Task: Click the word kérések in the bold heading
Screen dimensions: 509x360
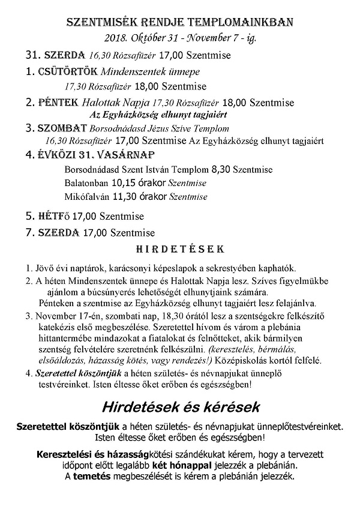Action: point(232,407)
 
